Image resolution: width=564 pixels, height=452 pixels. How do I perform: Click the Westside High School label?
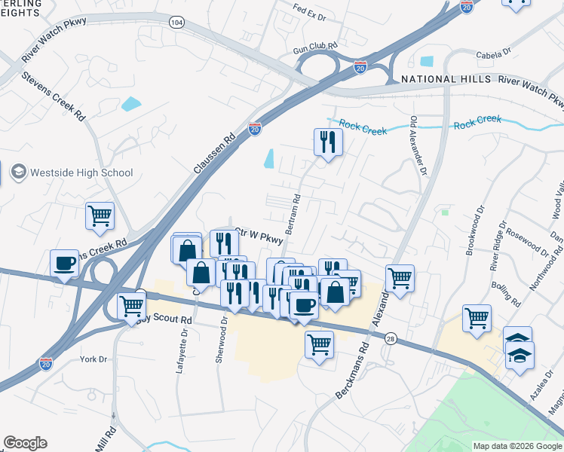tap(81, 173)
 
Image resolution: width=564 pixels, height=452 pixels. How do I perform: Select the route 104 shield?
tap(176, 23)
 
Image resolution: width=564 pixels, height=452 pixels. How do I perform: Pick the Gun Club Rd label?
tap(315, 50)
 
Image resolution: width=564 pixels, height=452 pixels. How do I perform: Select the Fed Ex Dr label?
tap(310, 15)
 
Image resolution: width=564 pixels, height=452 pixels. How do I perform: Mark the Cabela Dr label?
tap(493, 53)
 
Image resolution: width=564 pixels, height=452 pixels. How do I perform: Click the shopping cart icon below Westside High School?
tap(100, 216)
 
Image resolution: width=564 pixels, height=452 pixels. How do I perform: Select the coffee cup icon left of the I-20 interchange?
tap(64, 264)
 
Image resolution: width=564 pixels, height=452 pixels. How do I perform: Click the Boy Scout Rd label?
tap(164, 319)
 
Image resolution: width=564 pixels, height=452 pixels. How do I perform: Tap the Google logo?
tap(26, 443)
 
